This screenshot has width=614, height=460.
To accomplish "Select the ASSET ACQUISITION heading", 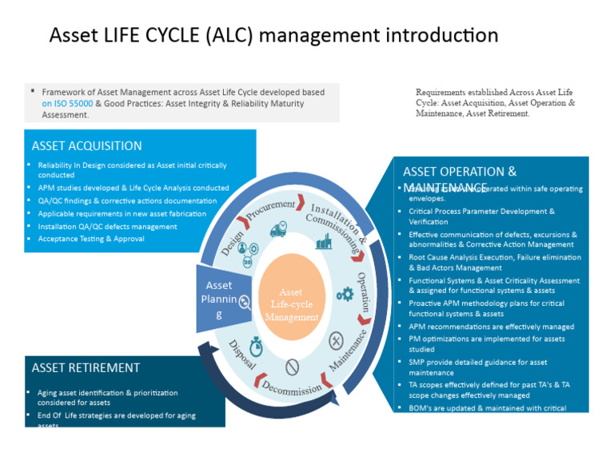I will point(87,146).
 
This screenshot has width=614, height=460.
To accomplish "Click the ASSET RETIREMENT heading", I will point(86,368).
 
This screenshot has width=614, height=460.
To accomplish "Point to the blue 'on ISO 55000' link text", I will point(68,104).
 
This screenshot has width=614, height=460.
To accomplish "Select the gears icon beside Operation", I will point(345,294).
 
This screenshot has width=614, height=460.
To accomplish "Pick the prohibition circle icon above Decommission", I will point(292,366).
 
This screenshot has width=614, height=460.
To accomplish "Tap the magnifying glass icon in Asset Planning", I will point(245,302).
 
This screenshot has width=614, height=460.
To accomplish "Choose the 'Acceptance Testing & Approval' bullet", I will point(91,239).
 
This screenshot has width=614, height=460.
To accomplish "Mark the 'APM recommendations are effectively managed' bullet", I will point(491,327).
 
